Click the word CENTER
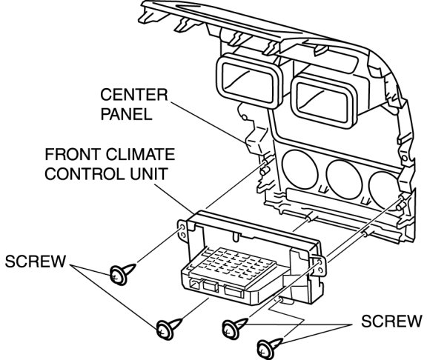(x=134, y=95)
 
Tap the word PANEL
(x=126, y=114)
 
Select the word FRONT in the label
(x=72, y=154)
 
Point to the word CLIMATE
(x=140, y=154)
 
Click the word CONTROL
(x=85, y=174)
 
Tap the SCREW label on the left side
(x=36, y=261)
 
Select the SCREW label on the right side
(x=391, y=321)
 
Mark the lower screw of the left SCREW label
(x=168, y=328)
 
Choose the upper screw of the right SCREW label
(x=234, y=328)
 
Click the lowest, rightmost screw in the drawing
(x=268, y=347)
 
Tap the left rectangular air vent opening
(x=248, y=80)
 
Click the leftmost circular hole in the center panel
(x=299, y=169)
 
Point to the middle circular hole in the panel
(x=344, y=179)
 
